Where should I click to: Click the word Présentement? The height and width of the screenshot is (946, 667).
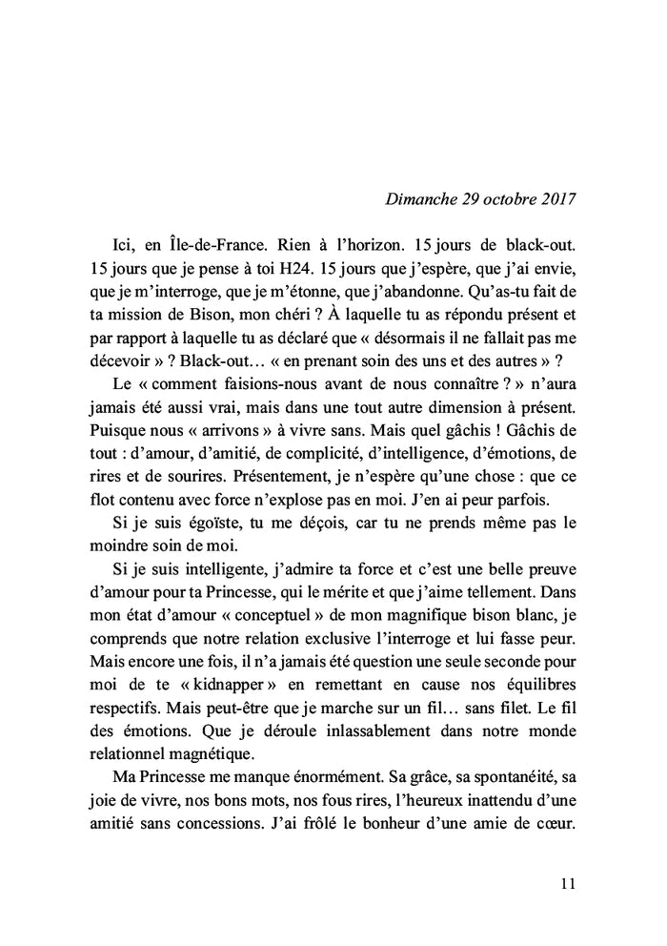click(205, 497)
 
